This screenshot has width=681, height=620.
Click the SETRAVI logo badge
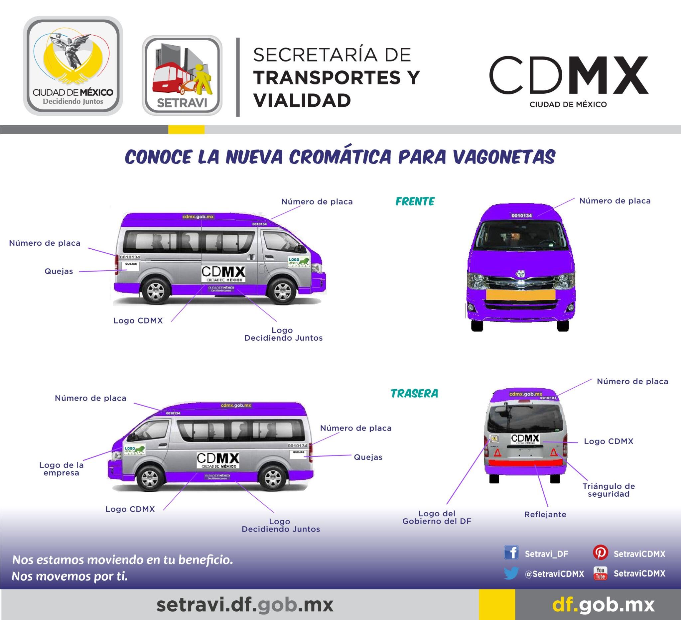click(x=182, y=75)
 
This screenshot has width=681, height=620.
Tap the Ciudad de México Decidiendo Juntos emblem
click(x=73, y=66)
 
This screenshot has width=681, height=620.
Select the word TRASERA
click(x=414, y=393)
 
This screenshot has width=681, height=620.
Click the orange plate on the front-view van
click(x=520, y=295)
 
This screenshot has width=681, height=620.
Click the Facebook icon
click(x=511, y=553)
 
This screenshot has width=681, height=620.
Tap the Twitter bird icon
click(x=511, y=573)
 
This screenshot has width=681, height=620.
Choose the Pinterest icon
click(x=600, y=553)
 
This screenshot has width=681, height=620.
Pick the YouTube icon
click(x=600, y=573)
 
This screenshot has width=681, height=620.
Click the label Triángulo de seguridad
click(x=609, y=490)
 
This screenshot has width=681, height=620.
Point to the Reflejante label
click(x=545, y=514)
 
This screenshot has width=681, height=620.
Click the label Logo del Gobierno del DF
click(x=437, y=517)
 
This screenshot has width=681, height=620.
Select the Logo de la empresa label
click(x=62, y=469)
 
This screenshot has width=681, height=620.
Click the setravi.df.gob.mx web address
click(x=245, y=604)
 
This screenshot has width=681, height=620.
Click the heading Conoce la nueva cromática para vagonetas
click(x=340, y=156)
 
